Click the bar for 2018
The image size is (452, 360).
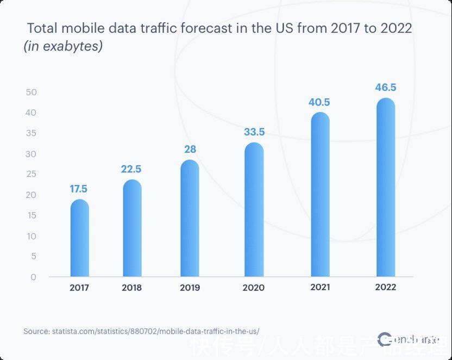click(x=132, y=228)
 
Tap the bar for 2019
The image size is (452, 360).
click(x=190, y=218)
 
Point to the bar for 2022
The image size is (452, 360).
click(x=385, y=188)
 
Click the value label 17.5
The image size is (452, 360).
click(x=78, y=189)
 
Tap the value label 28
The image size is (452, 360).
click(x=190, y=150)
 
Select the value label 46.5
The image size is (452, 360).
click(x=386, y=88)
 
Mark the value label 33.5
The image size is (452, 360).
click(x=254, y=132)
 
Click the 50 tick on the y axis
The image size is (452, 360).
click(x=31, y=92)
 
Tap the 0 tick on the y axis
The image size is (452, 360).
click(x=34, y=277)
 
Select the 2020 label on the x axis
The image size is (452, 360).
click(x=254, y=287)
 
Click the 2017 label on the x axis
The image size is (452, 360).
click(x=80, y=287)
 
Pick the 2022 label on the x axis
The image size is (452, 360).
click(x=386, y=287)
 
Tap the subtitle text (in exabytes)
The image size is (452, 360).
click(x=63, y=47)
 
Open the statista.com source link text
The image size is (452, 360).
click(x=141, y=331)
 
